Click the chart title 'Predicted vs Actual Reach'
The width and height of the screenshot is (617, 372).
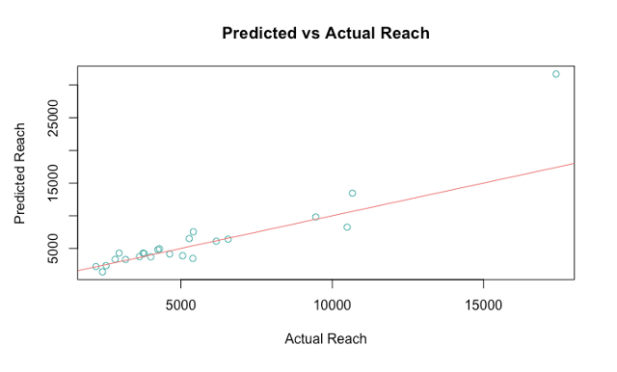click(x=325, y=33)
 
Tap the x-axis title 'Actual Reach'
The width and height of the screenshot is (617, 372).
click(x=326, y=339)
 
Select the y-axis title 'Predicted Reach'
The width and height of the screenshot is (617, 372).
click(x=20, y=173)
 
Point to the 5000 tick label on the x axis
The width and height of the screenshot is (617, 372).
click(x=181, y=304)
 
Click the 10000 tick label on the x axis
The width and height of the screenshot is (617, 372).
click(x=332, y=304)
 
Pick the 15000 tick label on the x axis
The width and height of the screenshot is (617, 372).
click(x=482, y=304)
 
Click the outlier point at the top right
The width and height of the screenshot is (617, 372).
click(x=556, y=74)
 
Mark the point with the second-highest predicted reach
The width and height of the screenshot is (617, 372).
click(x=352, y=193)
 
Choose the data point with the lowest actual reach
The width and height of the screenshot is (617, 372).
click(x=95, y=266)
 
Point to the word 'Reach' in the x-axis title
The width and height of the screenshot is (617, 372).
click(x=347, y=339)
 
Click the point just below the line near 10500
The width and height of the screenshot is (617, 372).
click(x=347, y=227)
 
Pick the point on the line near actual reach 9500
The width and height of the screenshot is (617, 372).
click(x=315, y=217)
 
